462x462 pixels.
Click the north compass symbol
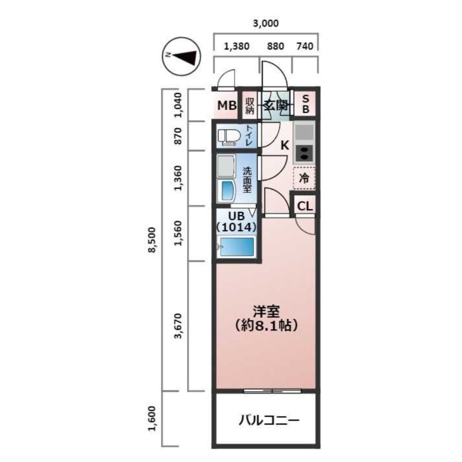click(x=180, y=56)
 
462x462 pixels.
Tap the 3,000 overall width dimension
click(x=266, y=24)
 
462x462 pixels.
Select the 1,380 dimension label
click(x=236, y=47)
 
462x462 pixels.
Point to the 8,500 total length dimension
click(x=152, y=240)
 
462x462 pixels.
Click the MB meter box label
click(x=226, y=106)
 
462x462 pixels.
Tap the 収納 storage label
click(x=249, y=106)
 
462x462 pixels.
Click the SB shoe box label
click(x=306, y=105)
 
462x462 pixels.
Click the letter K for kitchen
click(x=284, y=146)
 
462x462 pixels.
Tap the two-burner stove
click(x=304, y=154)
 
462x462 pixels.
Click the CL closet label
click(x=305, y=206)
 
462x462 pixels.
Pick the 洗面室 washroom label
click(x=247, y=180)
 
